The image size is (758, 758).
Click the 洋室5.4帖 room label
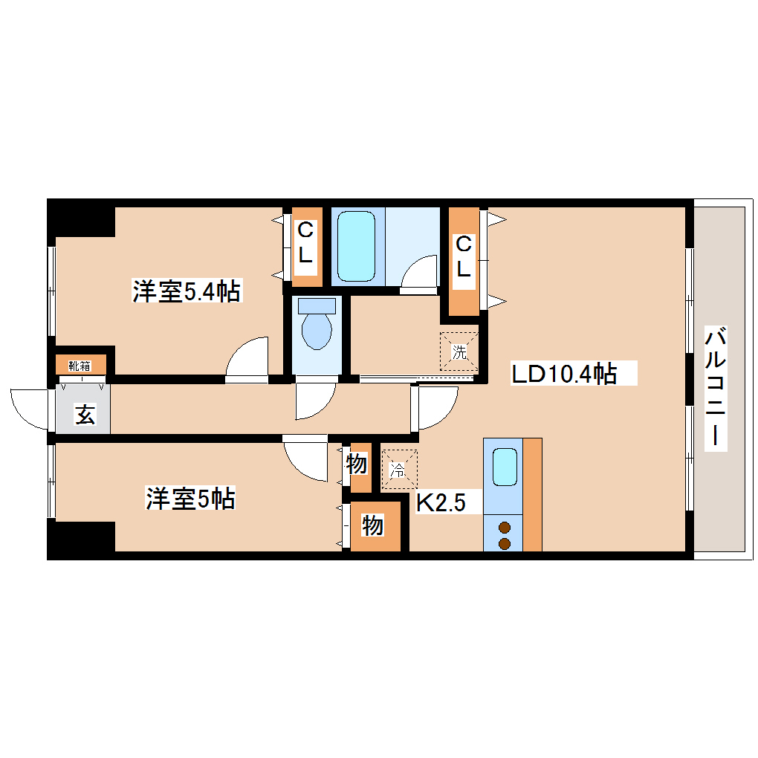[x=186, y=291]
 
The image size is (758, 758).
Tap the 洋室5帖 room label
[x=189, y=499]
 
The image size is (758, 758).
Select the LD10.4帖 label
[x=564, y=373]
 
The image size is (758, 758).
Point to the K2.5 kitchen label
[x=440, y=503]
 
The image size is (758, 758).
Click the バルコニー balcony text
[x=715, y=386]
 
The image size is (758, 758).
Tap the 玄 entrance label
[x=84, y=415]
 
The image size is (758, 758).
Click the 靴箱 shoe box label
[x=80, y=366]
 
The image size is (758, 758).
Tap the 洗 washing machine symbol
[x=460, y=352]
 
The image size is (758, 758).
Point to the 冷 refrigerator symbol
[x=399, y=470]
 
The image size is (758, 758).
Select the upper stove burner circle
[x=504, y=528]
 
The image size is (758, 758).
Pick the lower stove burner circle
[x=504, y=544]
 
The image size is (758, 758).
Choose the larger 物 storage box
[x=374, y=526]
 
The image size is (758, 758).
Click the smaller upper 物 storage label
[x=357, y=465]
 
